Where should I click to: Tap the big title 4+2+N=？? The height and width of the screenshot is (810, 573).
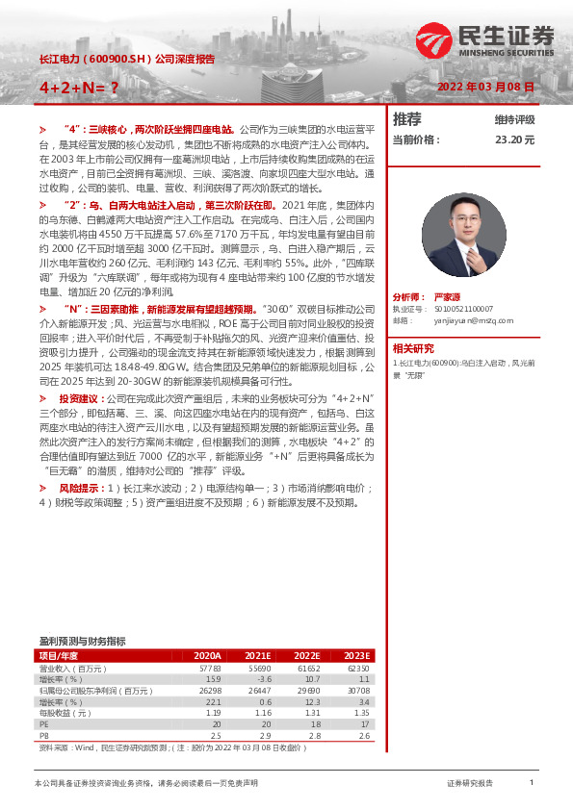[x=79, y=87]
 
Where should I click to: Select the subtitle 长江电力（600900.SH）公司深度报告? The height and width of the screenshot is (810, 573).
[x=126, y=59]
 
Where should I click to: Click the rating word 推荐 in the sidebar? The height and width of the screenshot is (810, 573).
[x=407, y=119]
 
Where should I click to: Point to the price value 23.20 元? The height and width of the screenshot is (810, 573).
[x=514, y=139]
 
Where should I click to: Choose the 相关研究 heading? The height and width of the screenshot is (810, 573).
[x=413, y=347]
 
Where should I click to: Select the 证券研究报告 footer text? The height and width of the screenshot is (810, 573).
[x=470, y=784]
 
